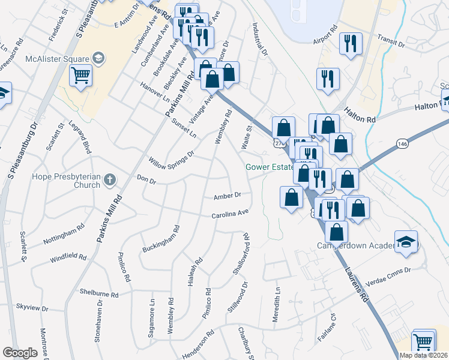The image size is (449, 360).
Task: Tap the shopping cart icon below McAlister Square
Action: point(80,76)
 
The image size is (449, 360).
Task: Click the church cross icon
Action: point(109,179)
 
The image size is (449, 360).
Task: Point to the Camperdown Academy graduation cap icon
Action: point(406,242)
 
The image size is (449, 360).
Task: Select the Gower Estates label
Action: point(269,167)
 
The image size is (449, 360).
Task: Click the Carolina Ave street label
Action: point(229,214)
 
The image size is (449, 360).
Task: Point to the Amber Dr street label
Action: point(227,196)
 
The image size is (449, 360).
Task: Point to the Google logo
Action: point(20,353)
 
